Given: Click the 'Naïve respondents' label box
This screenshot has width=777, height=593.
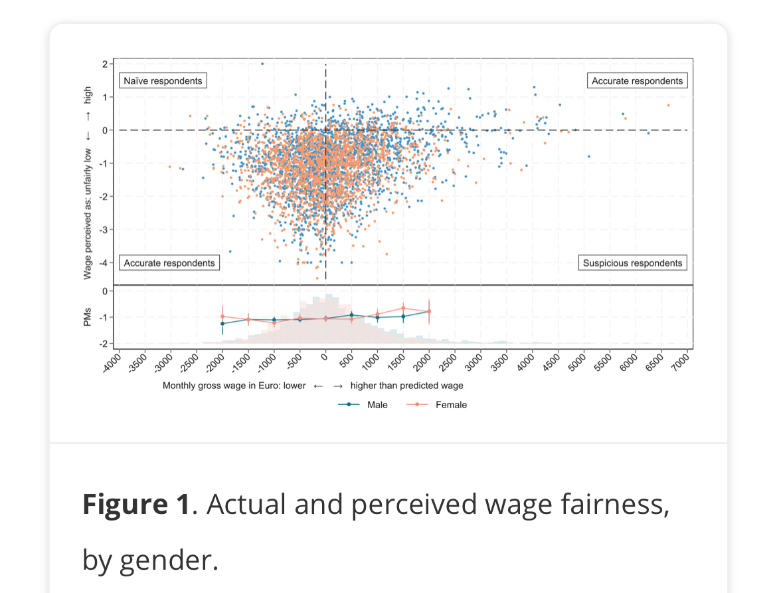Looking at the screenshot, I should pos(163,81).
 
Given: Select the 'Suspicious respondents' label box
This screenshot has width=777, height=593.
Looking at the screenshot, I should pos(632,263).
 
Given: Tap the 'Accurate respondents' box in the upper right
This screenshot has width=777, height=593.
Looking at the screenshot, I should pos(637,81).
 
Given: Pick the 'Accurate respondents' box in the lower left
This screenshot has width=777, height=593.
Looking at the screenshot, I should pos(169,263).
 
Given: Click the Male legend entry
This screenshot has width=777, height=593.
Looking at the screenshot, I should pos(363,404).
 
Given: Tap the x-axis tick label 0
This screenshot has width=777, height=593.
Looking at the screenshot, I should pos(324,359).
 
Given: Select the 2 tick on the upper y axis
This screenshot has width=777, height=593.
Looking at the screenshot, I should pos(105,64).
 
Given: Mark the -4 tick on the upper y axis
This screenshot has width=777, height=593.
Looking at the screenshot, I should pos(104,263).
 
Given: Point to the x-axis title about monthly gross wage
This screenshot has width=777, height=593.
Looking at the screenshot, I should pos(313,386).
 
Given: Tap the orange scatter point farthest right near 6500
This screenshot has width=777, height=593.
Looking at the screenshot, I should pos(668,105).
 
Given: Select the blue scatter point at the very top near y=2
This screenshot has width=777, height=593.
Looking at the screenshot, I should pos(262,64).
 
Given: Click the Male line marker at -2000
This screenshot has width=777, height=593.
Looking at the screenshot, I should pos(222,324).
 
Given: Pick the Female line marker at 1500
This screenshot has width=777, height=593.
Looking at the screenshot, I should pos(403,308).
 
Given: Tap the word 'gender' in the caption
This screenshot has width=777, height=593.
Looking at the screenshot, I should pos(168,560).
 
